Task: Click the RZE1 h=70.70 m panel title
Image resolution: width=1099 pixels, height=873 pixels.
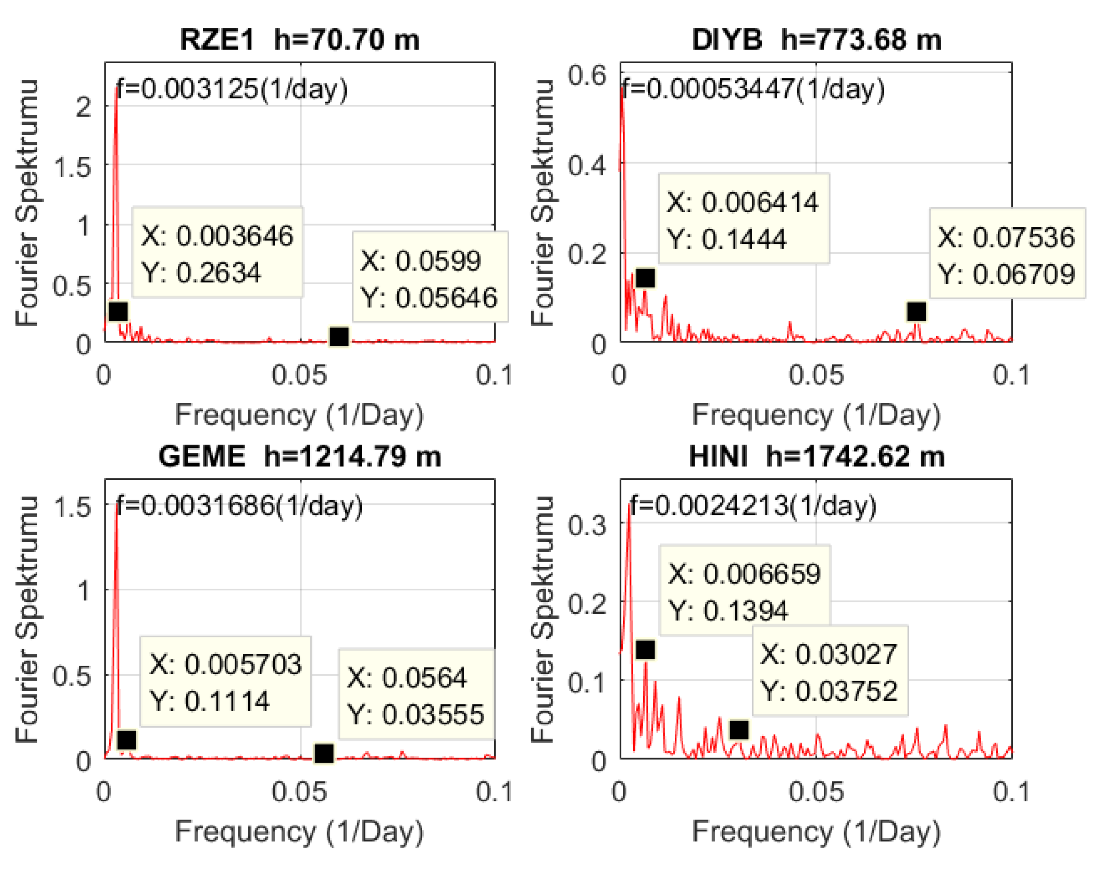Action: coord(300,39)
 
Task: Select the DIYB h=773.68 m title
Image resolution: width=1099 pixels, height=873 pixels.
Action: coord(816,39)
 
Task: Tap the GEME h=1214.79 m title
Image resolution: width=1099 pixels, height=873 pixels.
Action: coord(300,456)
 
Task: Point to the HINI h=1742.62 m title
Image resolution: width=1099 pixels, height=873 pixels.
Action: coord(816,456)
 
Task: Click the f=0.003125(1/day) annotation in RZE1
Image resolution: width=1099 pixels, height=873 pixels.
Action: coord(232,89)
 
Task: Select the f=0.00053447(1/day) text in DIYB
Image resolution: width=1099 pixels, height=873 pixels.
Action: coord(753,89)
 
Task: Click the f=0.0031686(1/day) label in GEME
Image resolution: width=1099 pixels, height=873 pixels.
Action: coord(239,506)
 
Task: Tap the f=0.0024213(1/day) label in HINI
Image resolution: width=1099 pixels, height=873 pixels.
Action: coord(753,506)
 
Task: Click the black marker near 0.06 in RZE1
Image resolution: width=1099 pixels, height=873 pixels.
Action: coord(339,336)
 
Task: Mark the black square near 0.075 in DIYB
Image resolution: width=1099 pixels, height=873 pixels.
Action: coord(916,311)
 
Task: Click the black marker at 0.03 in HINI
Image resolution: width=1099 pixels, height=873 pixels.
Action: coord(739,730)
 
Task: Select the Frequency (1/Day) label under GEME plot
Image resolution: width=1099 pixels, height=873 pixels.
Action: coord(300,832)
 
